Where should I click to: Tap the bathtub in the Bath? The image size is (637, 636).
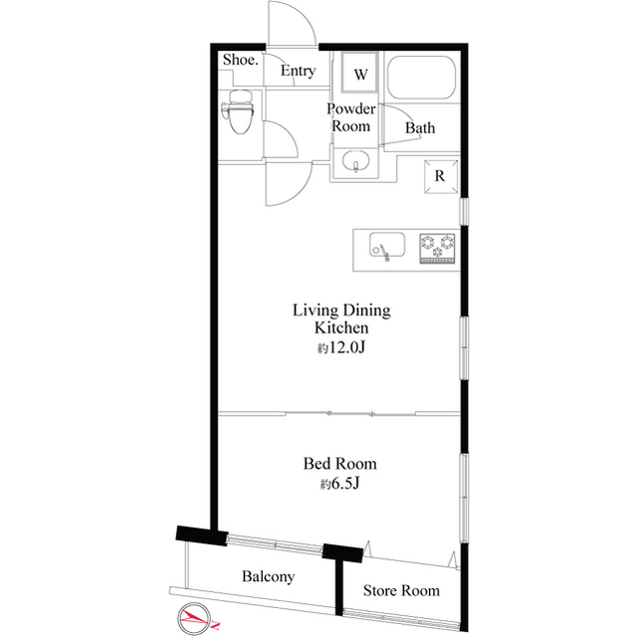click(x=421, y=78)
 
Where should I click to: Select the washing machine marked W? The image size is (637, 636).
click(x=360, y=73)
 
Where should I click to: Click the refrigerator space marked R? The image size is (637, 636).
click(x=441, y=177)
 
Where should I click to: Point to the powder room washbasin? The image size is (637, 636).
click(x=355, y=161)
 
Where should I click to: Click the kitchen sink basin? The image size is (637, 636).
click(x=387, y=245)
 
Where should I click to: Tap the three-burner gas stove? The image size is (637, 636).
click(x=437, y=248)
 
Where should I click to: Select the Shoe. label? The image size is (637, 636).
click(x=241, y=60)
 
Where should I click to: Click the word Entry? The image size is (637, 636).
click(x=299, y=71)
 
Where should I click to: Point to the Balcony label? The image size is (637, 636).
click(x=268, y=576)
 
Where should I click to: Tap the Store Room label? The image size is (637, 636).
click(x=401, y=590)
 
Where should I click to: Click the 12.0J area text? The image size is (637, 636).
click(x=341, y=347)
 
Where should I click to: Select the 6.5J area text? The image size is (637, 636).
click(x=340, y=484)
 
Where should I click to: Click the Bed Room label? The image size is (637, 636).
click(x=340, y=464)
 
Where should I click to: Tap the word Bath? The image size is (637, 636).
click(x=420, y=128)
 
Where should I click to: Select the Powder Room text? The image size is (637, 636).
click(x=351, y=117)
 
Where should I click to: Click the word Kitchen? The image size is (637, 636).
click(x=341, y=327)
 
